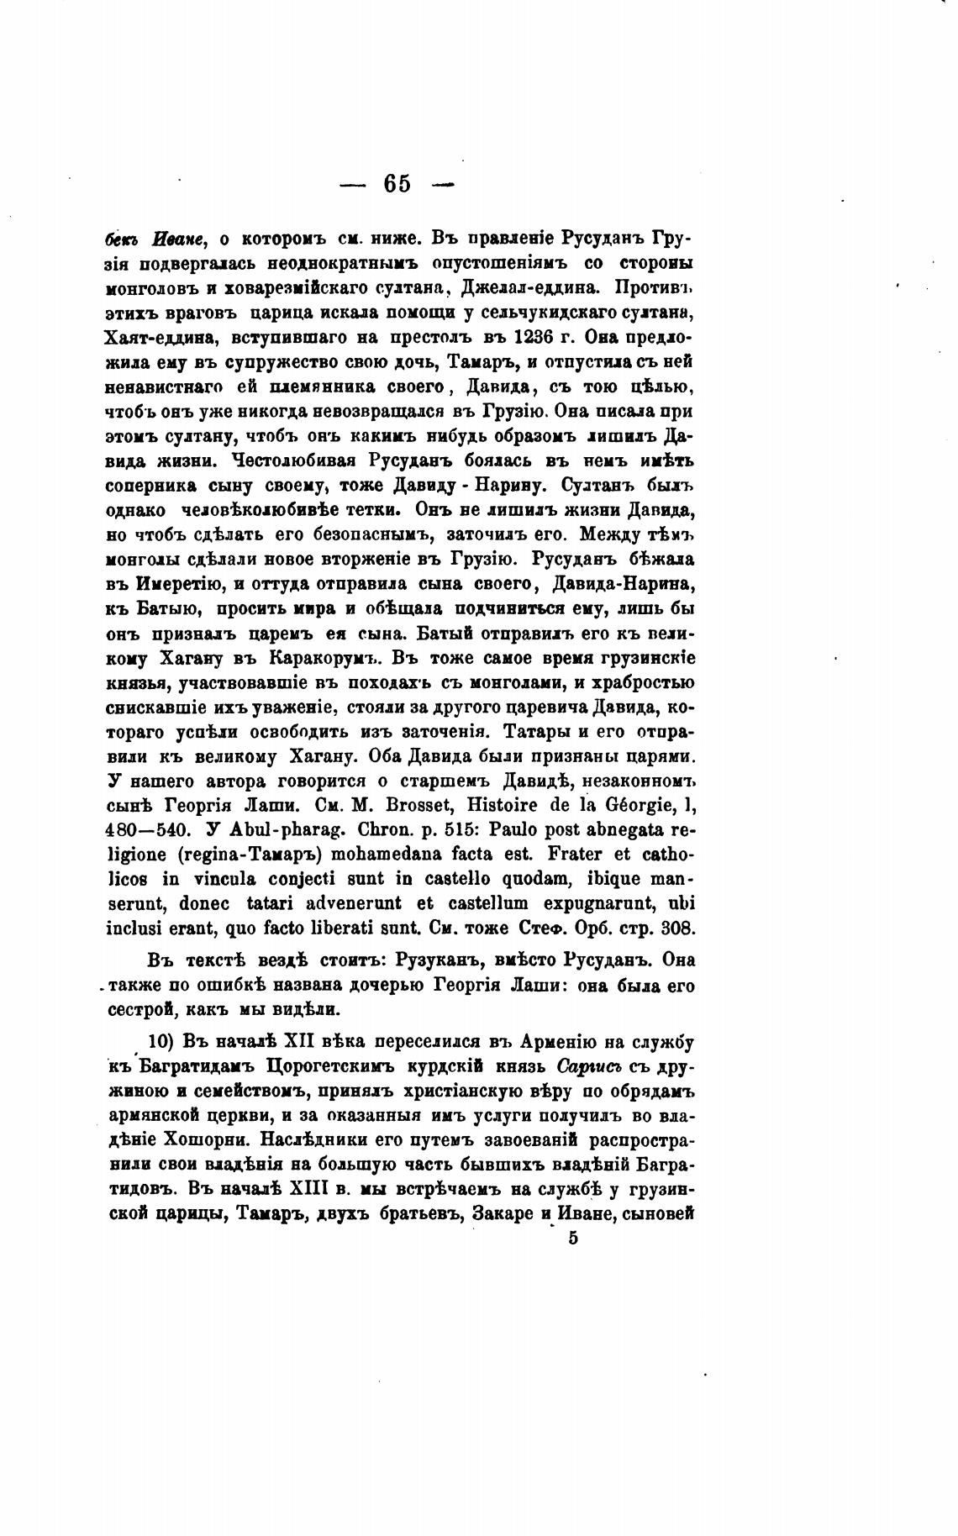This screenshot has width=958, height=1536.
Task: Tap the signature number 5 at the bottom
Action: click(x=573, y=1238)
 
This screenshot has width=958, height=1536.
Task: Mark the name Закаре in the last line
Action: click(x=502, y=1215)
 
